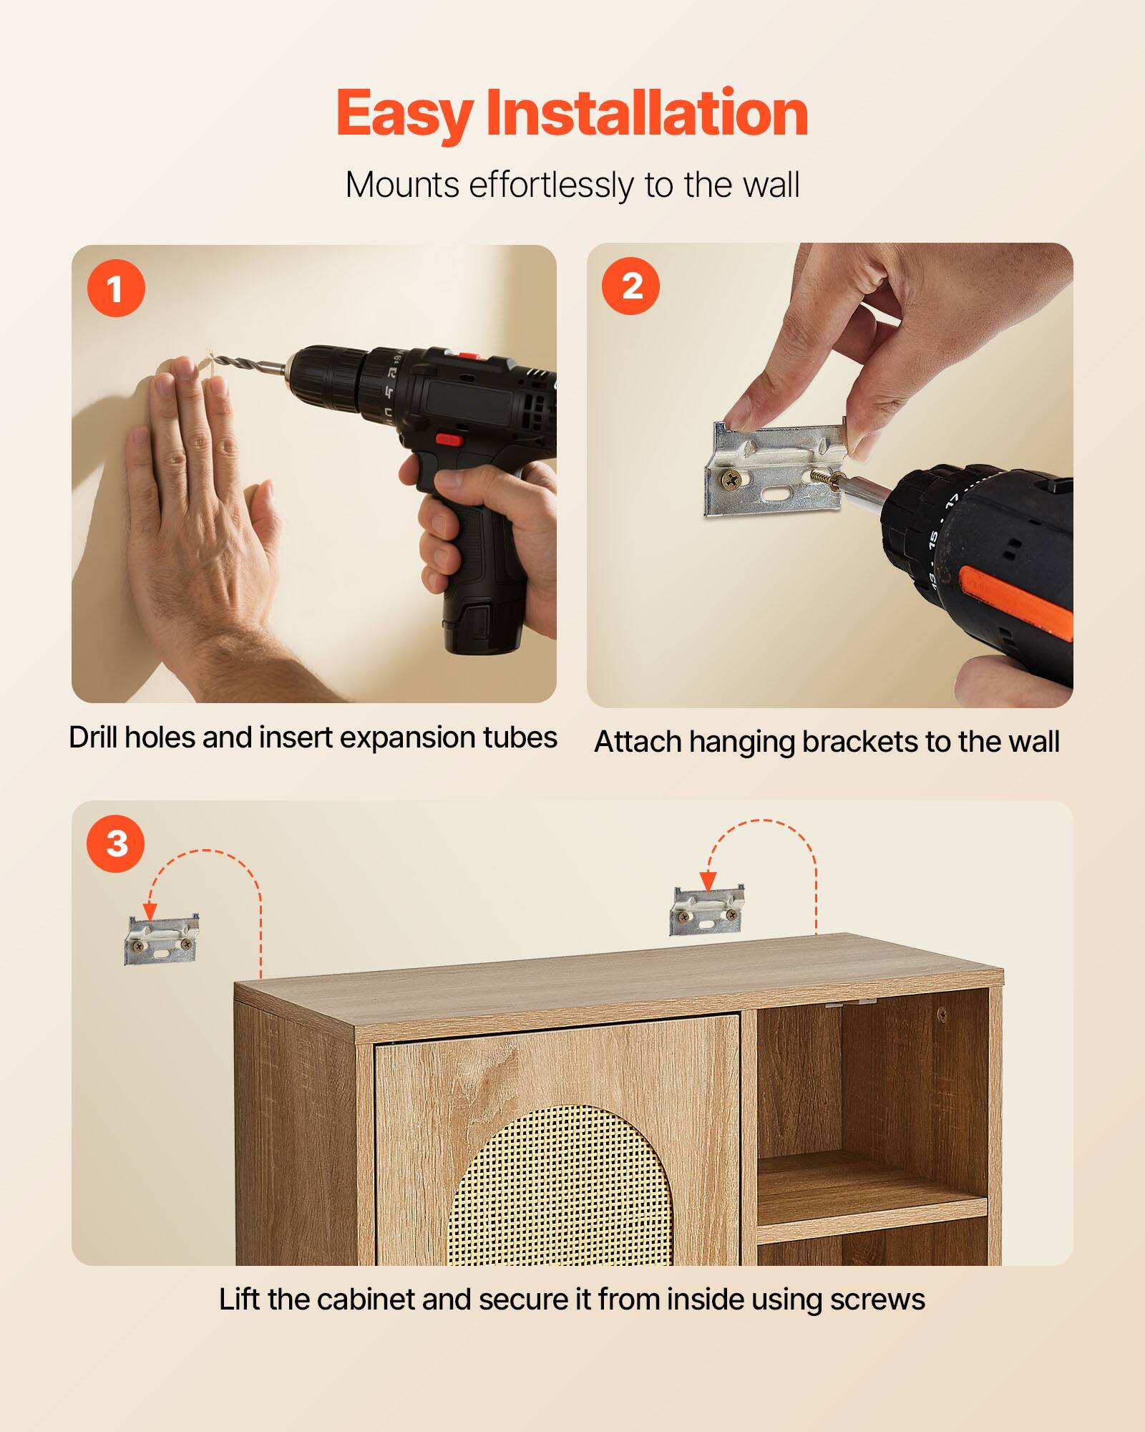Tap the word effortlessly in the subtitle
(x=551, y=185)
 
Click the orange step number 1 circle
(x=116, y=289)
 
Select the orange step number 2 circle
(x=631, y=286)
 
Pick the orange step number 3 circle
(x=116, y=843)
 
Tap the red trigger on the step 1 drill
(x=449, y=439)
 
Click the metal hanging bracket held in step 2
(x=776, y=469)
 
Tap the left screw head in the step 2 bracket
(x=731, y=480)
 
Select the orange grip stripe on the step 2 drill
(x=1016, y=601)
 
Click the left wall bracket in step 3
(x=161, y=940)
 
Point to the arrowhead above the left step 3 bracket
(x=150, y=911)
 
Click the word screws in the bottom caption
(x=877, y=1300)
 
